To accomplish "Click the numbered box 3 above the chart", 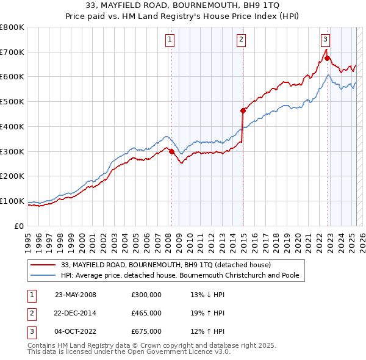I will coord(326,39).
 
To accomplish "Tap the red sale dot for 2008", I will coord(171,151).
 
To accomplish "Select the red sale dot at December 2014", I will coord(243,110).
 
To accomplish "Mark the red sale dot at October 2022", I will coord(328,59).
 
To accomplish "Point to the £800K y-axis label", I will coord(12,27).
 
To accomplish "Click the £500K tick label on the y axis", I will coord(12,102).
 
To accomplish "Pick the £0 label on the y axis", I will coord(20,226).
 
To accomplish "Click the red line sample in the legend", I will coord(43,265).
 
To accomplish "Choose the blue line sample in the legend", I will coord(43,276).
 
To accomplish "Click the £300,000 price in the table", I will coord(146,295).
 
